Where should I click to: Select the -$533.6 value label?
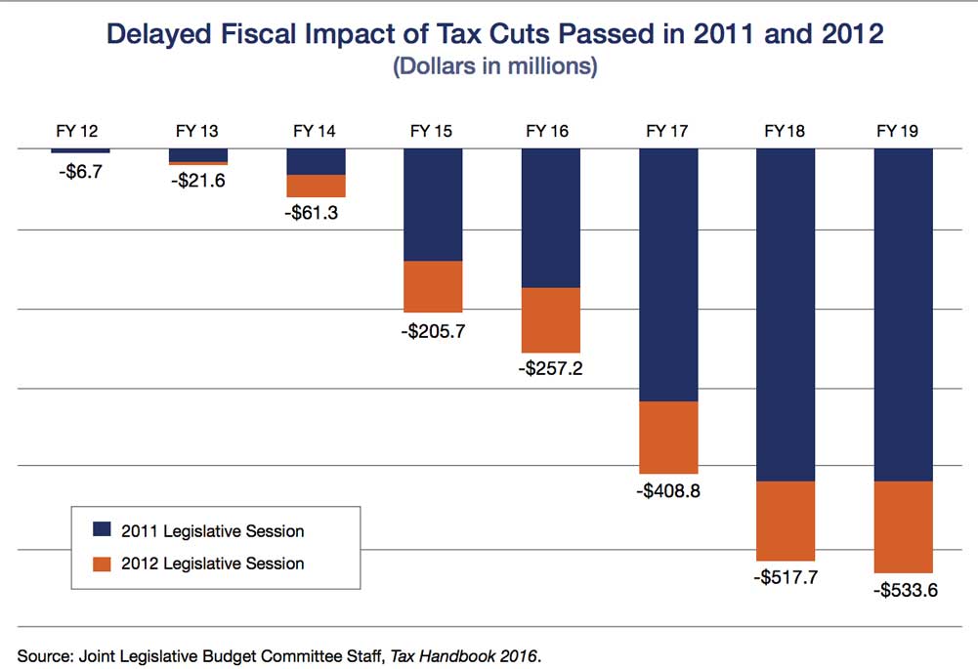903,590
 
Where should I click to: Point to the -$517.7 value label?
785,577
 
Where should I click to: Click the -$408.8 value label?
667,491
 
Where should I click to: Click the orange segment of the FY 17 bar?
668,438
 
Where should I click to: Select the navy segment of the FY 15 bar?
433,204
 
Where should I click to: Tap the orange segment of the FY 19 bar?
903,526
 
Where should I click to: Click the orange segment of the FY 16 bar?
550,319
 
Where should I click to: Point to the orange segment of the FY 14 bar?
316,186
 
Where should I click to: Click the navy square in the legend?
102,530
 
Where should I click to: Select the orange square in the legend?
102,563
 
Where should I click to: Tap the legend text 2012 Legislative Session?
212,564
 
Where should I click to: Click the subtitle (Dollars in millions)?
493,67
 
